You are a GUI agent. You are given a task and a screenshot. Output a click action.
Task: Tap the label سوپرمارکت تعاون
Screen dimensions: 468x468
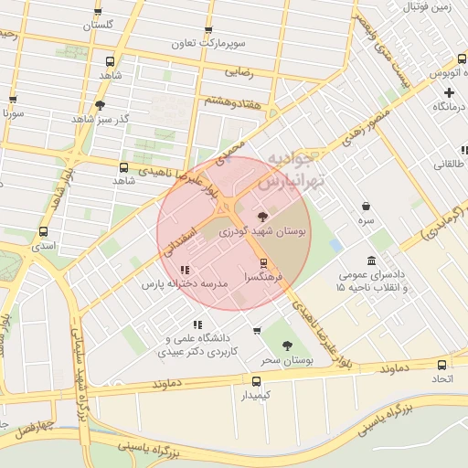pos(212,43)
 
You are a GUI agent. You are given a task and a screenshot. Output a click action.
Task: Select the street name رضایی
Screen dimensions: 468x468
pos(237,69)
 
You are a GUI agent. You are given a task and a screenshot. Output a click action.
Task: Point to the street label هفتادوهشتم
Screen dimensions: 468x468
pos(233,101)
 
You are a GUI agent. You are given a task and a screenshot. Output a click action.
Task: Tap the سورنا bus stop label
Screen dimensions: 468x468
pos(12,114)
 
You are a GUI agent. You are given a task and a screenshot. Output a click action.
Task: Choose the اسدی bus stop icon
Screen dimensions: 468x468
pos(43,232)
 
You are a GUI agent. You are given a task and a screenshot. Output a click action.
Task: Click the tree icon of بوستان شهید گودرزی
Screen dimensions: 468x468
pos(263,217)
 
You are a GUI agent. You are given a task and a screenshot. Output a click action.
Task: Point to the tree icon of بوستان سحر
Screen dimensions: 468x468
pos(287,346)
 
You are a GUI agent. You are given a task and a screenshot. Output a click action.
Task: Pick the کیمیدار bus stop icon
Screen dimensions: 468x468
pos(256,380)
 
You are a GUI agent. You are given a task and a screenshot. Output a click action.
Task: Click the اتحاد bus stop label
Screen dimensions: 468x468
pos(442,378)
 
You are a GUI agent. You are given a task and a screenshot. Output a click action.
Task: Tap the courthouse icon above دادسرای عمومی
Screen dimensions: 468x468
pos(370,261)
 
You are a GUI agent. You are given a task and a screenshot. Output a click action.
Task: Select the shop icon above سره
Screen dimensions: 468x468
pos(366,207)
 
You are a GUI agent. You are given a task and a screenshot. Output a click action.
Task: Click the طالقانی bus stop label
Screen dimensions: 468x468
pos(448,164)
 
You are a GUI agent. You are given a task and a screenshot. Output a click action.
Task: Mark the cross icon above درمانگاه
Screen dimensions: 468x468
pos(449,92)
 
